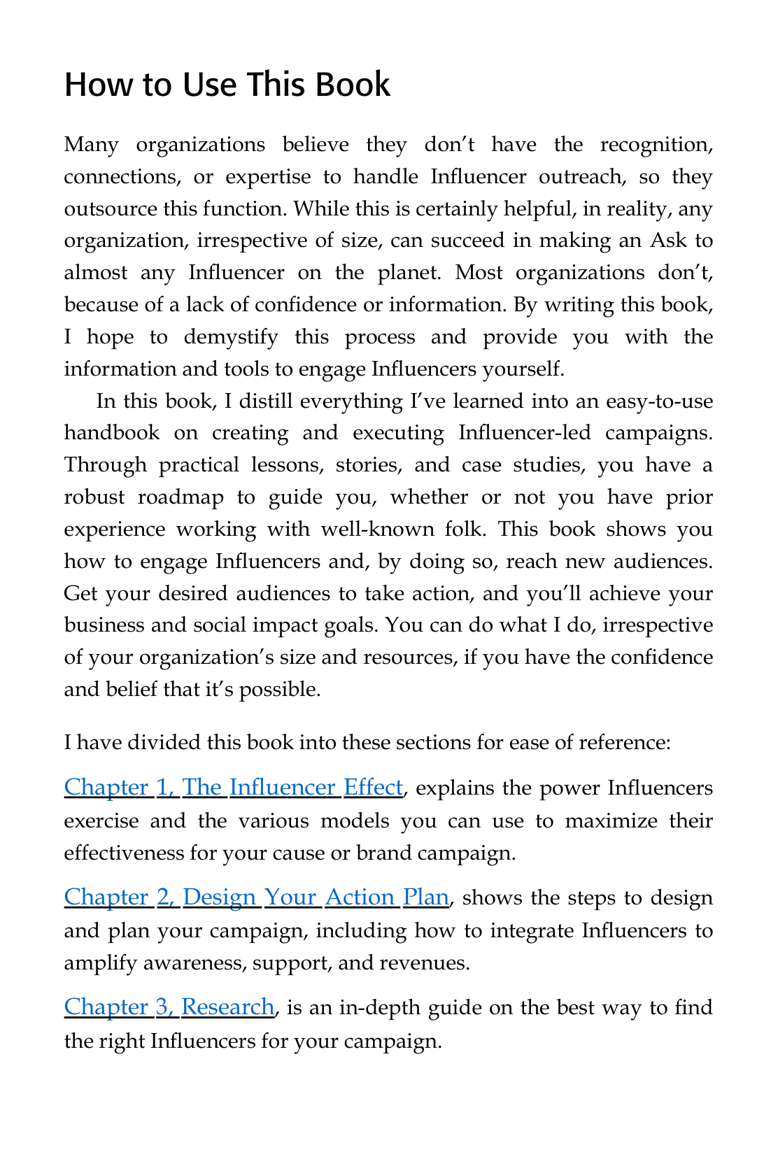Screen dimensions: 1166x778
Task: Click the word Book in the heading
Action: pos(352,85)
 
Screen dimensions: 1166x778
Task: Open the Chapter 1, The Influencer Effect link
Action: pos(233,788)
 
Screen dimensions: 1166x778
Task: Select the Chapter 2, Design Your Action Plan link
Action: pos(256,897)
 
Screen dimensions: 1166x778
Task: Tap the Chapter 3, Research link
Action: pos(169,1007)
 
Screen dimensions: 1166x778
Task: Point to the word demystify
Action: pos(231,337)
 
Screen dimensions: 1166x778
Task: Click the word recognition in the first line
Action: pos(656,145)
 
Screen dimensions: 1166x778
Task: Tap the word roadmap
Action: pos(181,497)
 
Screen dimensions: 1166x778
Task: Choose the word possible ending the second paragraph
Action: pos(279,690)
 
